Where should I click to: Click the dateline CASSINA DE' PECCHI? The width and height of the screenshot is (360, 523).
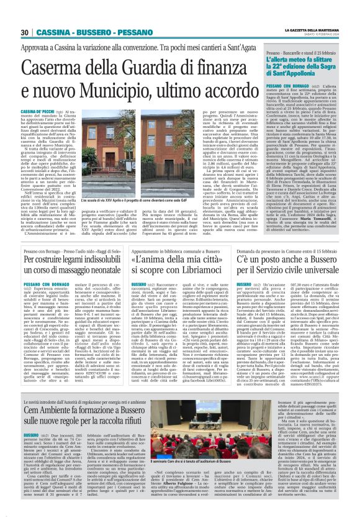tap(38, 107)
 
